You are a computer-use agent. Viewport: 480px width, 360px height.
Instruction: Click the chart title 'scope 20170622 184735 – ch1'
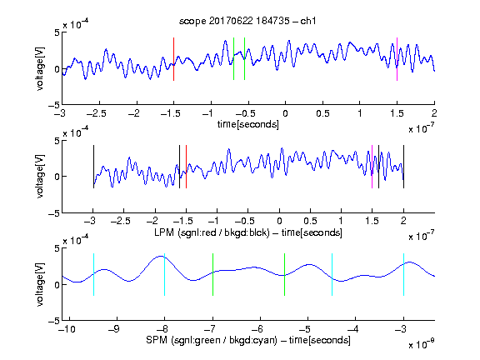tap(247, 21)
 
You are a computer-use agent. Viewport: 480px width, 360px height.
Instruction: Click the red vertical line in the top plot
tap(173, 59)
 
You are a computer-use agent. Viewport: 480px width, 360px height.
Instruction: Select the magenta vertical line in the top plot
tap(397, 59)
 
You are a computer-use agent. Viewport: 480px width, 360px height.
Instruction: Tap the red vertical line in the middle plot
tap(186, 167)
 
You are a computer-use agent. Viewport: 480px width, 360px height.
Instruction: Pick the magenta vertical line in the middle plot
tap(372, 167)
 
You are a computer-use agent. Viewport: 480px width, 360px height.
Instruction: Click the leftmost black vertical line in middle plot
tap(93, 167)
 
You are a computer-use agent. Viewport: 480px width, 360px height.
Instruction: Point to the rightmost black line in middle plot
tap(403, 167)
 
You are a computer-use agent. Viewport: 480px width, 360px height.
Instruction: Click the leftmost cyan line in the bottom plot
tap(93, 275)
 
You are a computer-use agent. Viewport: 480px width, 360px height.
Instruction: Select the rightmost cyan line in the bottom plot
tap(403, 275)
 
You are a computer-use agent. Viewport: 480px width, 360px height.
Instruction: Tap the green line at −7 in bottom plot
tap(212, 275)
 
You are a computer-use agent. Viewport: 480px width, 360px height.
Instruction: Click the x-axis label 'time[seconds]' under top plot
tap(248, 124)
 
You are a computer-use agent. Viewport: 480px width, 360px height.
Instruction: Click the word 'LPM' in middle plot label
tap(164, 232)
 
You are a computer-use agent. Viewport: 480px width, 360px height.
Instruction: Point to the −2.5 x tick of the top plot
tap(96, 113)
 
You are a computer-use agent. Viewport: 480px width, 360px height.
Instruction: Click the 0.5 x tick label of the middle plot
tap(310, 221)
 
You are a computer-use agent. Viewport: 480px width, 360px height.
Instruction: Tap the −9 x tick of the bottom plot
tap(114, 329)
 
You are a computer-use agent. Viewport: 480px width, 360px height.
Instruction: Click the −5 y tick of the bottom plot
tap(54, 321)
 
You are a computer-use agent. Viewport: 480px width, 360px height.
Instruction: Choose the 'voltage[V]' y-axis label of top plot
tap(40, 68)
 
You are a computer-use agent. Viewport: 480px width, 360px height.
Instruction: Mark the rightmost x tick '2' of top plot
tap(434, 113)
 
